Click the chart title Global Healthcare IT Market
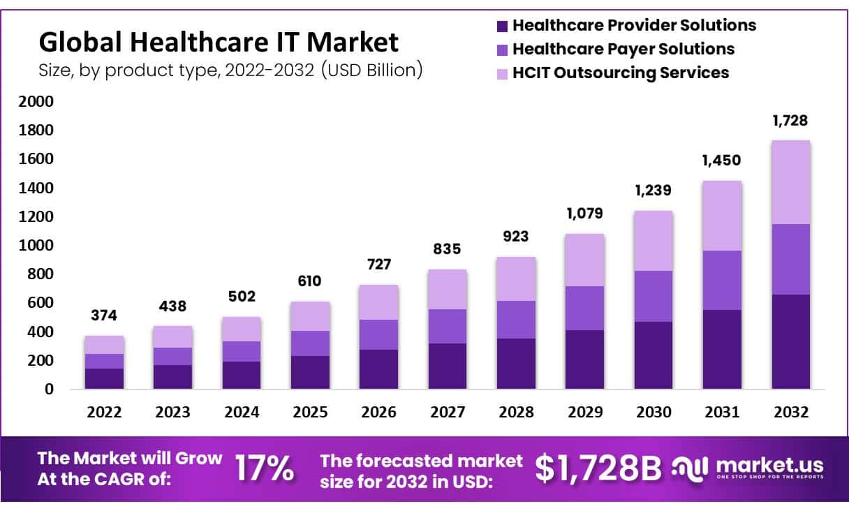(x=219, y=43)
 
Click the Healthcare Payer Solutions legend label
(x=623, y=49)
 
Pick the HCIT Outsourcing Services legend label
(x=620, y=73)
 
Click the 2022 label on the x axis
(x=104, y=413)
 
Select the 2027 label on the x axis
(x=448, y=413)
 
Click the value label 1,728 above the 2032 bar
(x=790, y=120)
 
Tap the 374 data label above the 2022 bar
(x=104, y=316)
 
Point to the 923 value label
(x=516, y=237)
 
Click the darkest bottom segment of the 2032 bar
(x=790, y=341)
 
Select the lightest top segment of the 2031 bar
(x=722, y=216)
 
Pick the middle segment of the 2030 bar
(x=654, y=296)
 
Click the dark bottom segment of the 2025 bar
(x=310, y=372)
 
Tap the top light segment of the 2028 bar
(x=516, y=279)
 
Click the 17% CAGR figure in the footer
(x=264, y=468)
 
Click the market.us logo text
(x=769, y=464)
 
